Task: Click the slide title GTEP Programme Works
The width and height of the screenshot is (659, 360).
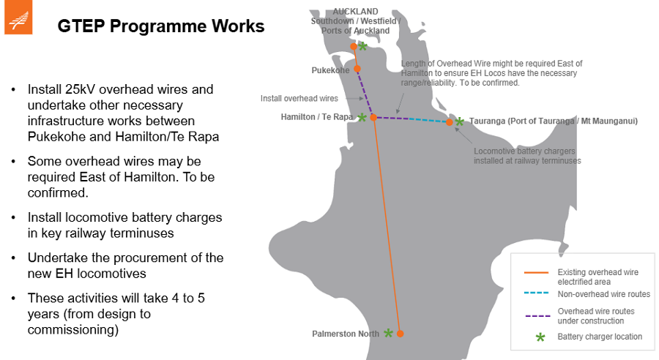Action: pyautogui.click(x=161, y=26)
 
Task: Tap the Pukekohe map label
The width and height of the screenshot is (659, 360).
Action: pyautogui.click(x=330, y=70)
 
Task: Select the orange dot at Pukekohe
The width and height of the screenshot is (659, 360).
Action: pyautogui.click(x=357, y=69)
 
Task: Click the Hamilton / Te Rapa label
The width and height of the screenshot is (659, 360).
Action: pyautogui.click(x=317, y=117)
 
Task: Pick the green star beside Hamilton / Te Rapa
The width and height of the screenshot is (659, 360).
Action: pyautogui.click(x=362, y=117)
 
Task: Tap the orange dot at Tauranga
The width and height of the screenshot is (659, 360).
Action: pyautogui.click(x=450, y=122)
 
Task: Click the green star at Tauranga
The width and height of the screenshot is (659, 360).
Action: pyautogui.click(x=459, y=121)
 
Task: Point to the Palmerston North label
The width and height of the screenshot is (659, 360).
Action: pyautogui.click(x=346, y=334)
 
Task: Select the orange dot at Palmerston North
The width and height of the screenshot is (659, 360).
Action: pyautogui.click(x=400, y=334)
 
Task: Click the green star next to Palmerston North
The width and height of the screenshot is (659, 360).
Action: pyautogui.click(x=389, y=333)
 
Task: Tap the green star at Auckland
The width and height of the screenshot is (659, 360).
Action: pyautogui.click(x=362, y=46)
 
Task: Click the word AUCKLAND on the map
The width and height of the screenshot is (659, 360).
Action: pyautogui.click(x=355, y=12)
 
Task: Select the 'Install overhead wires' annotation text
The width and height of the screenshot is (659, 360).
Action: pyautogui.click(x=299, y=98)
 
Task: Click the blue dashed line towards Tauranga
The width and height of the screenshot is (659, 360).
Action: pyautogui.click(x=425, y=120)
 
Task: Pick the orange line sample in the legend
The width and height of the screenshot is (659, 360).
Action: pyautogui.click(x=537, y=273)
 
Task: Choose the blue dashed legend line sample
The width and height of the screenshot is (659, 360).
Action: pyautogui.click(x=537, y=295)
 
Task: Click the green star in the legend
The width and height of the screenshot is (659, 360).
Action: pyautogui.click(x=540, y=337)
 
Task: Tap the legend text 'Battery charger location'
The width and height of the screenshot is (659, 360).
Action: pyautogui.click(x=600, y=337)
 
